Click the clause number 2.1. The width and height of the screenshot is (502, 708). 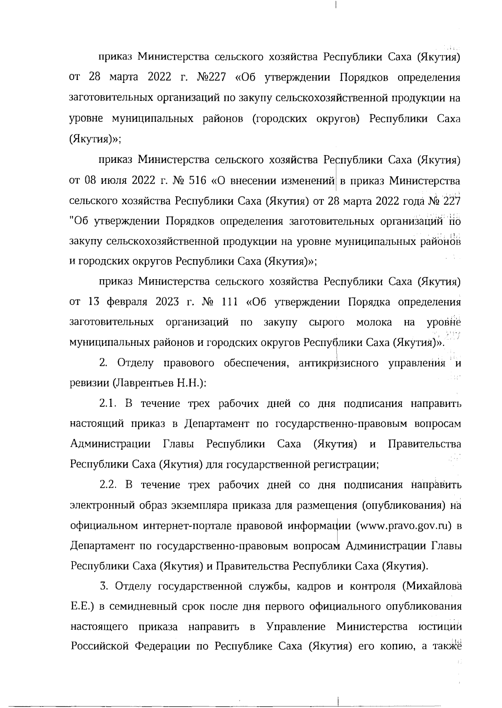(108, 404)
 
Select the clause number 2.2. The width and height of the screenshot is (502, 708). (108, 485)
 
